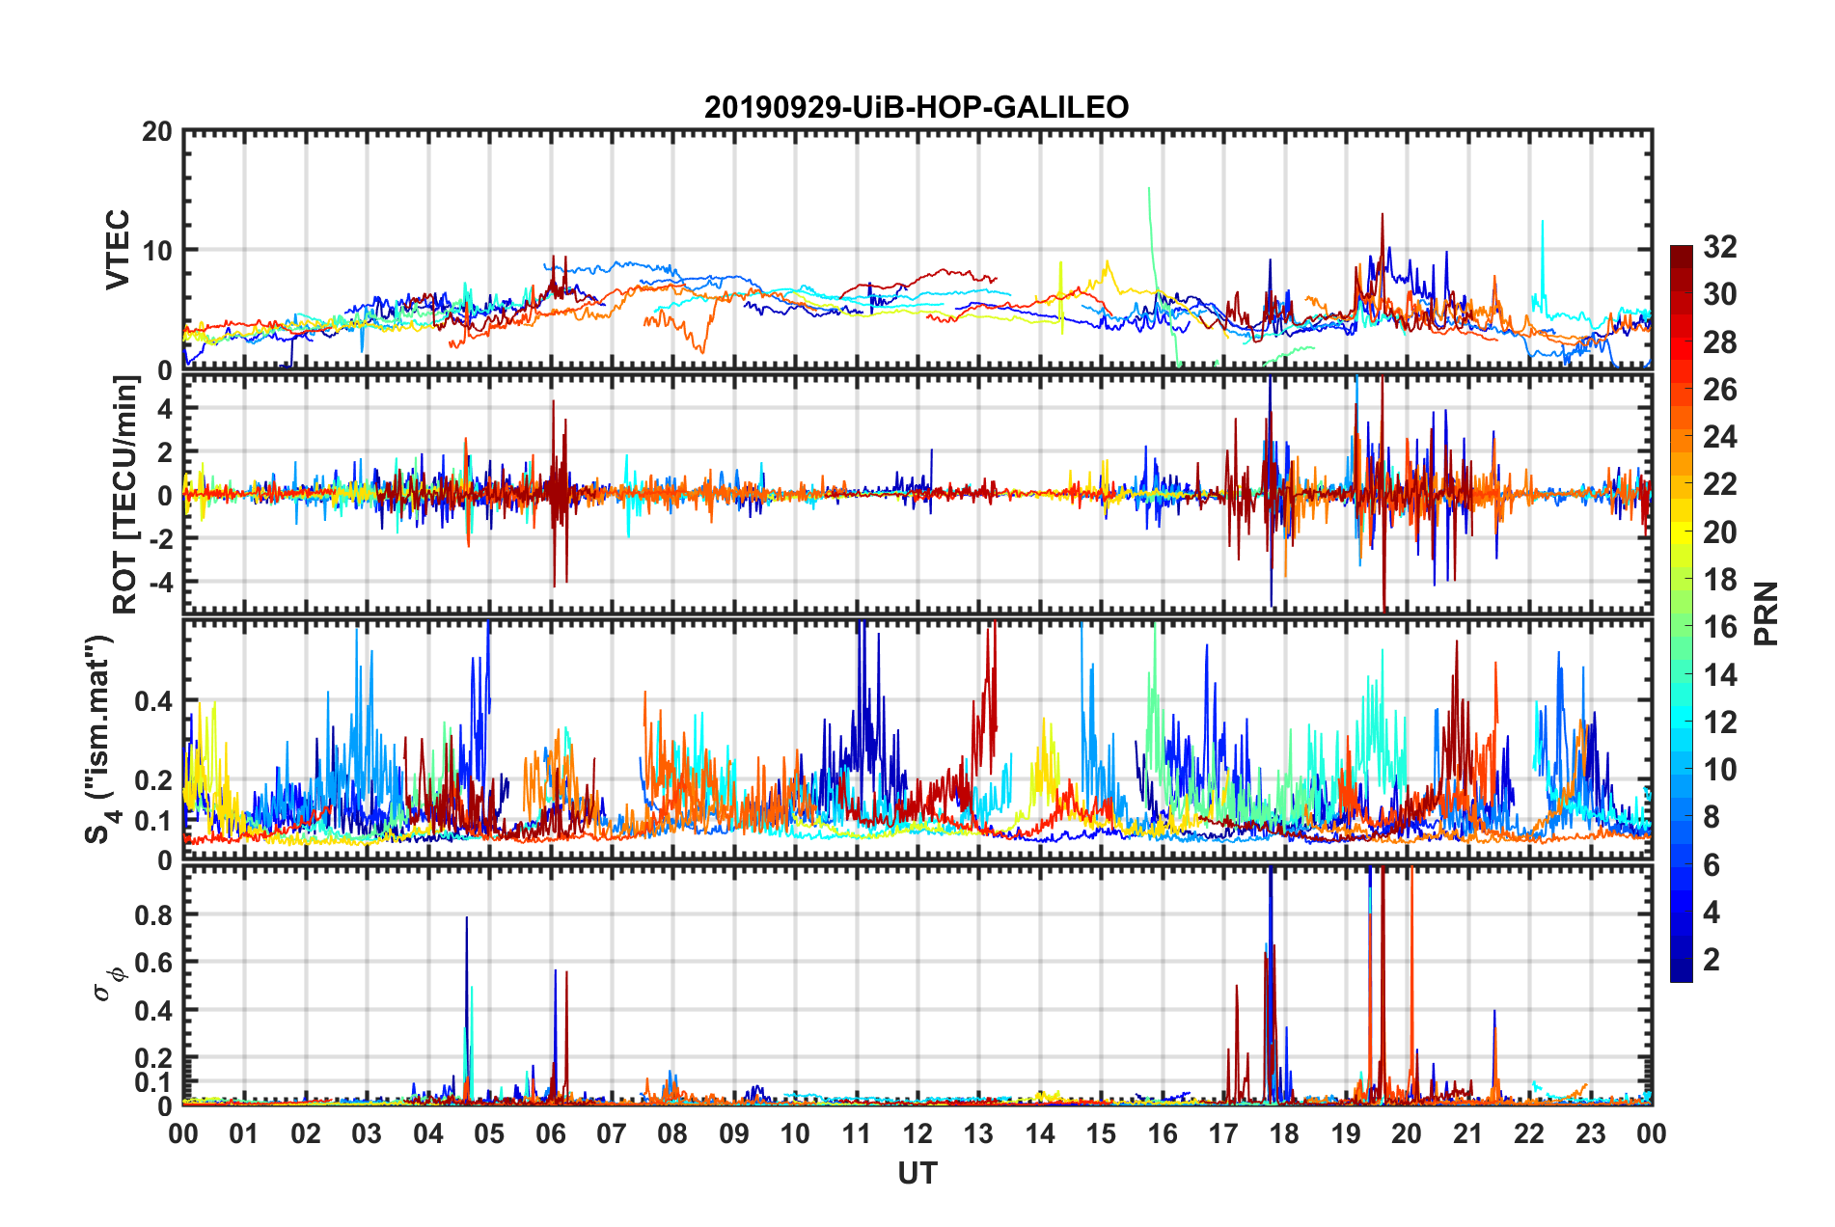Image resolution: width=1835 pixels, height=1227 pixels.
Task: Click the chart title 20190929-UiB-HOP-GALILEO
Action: tap(917, 107)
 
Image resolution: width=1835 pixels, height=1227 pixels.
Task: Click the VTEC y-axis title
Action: tap(118, 249)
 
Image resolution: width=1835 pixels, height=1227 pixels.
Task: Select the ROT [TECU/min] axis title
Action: tap(125, 495)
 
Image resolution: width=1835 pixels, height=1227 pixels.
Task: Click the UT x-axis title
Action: tap(917, 1173)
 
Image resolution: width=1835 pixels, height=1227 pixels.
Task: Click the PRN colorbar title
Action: tap(1767, 613)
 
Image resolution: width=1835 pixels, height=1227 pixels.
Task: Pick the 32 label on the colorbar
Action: tap(1719, 247)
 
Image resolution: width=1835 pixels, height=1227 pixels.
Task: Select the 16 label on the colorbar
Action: tap(1719, 627)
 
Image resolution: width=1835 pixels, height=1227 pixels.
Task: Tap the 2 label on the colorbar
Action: tap(1712, 960)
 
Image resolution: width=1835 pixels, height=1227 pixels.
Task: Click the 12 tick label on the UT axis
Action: tap(917, 1133)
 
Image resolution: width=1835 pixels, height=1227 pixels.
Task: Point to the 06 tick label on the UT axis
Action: tap(551, 1133)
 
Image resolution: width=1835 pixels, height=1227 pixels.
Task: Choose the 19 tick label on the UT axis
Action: tap(1346, 1133)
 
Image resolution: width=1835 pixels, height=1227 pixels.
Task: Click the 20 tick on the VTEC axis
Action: tap(156, 132)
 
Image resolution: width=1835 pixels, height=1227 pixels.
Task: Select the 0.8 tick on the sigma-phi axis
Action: tap(152, 914)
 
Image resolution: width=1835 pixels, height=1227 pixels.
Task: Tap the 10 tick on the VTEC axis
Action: tap(156, 250)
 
